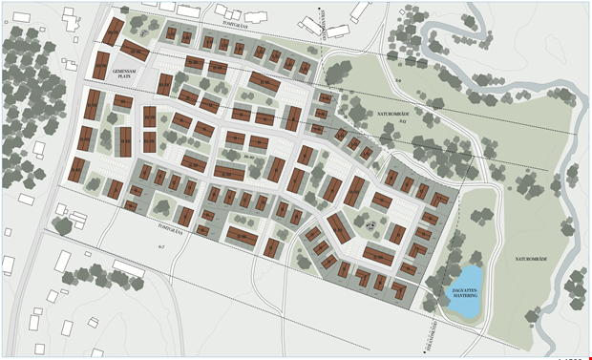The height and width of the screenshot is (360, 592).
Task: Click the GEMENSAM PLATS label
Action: point(124,75)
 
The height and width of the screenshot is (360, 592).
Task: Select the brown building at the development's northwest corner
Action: point(113,32)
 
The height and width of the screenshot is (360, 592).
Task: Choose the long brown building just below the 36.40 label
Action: point(229,173)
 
